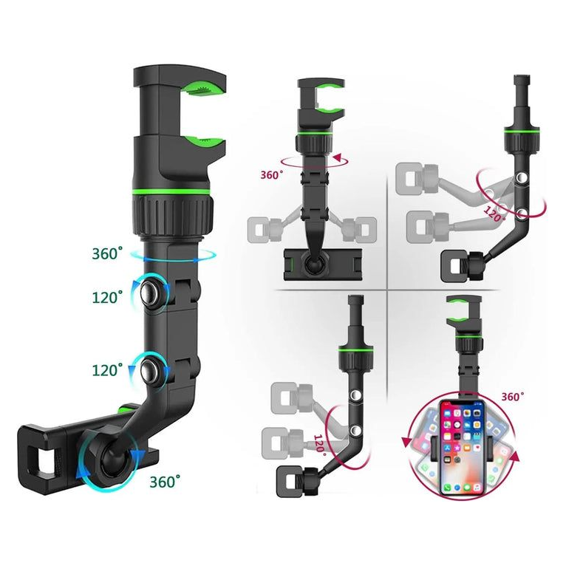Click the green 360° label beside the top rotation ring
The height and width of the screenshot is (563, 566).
107,253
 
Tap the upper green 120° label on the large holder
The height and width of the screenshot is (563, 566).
107,297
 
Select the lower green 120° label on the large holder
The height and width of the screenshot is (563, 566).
107,370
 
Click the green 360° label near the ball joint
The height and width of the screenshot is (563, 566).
165,482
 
